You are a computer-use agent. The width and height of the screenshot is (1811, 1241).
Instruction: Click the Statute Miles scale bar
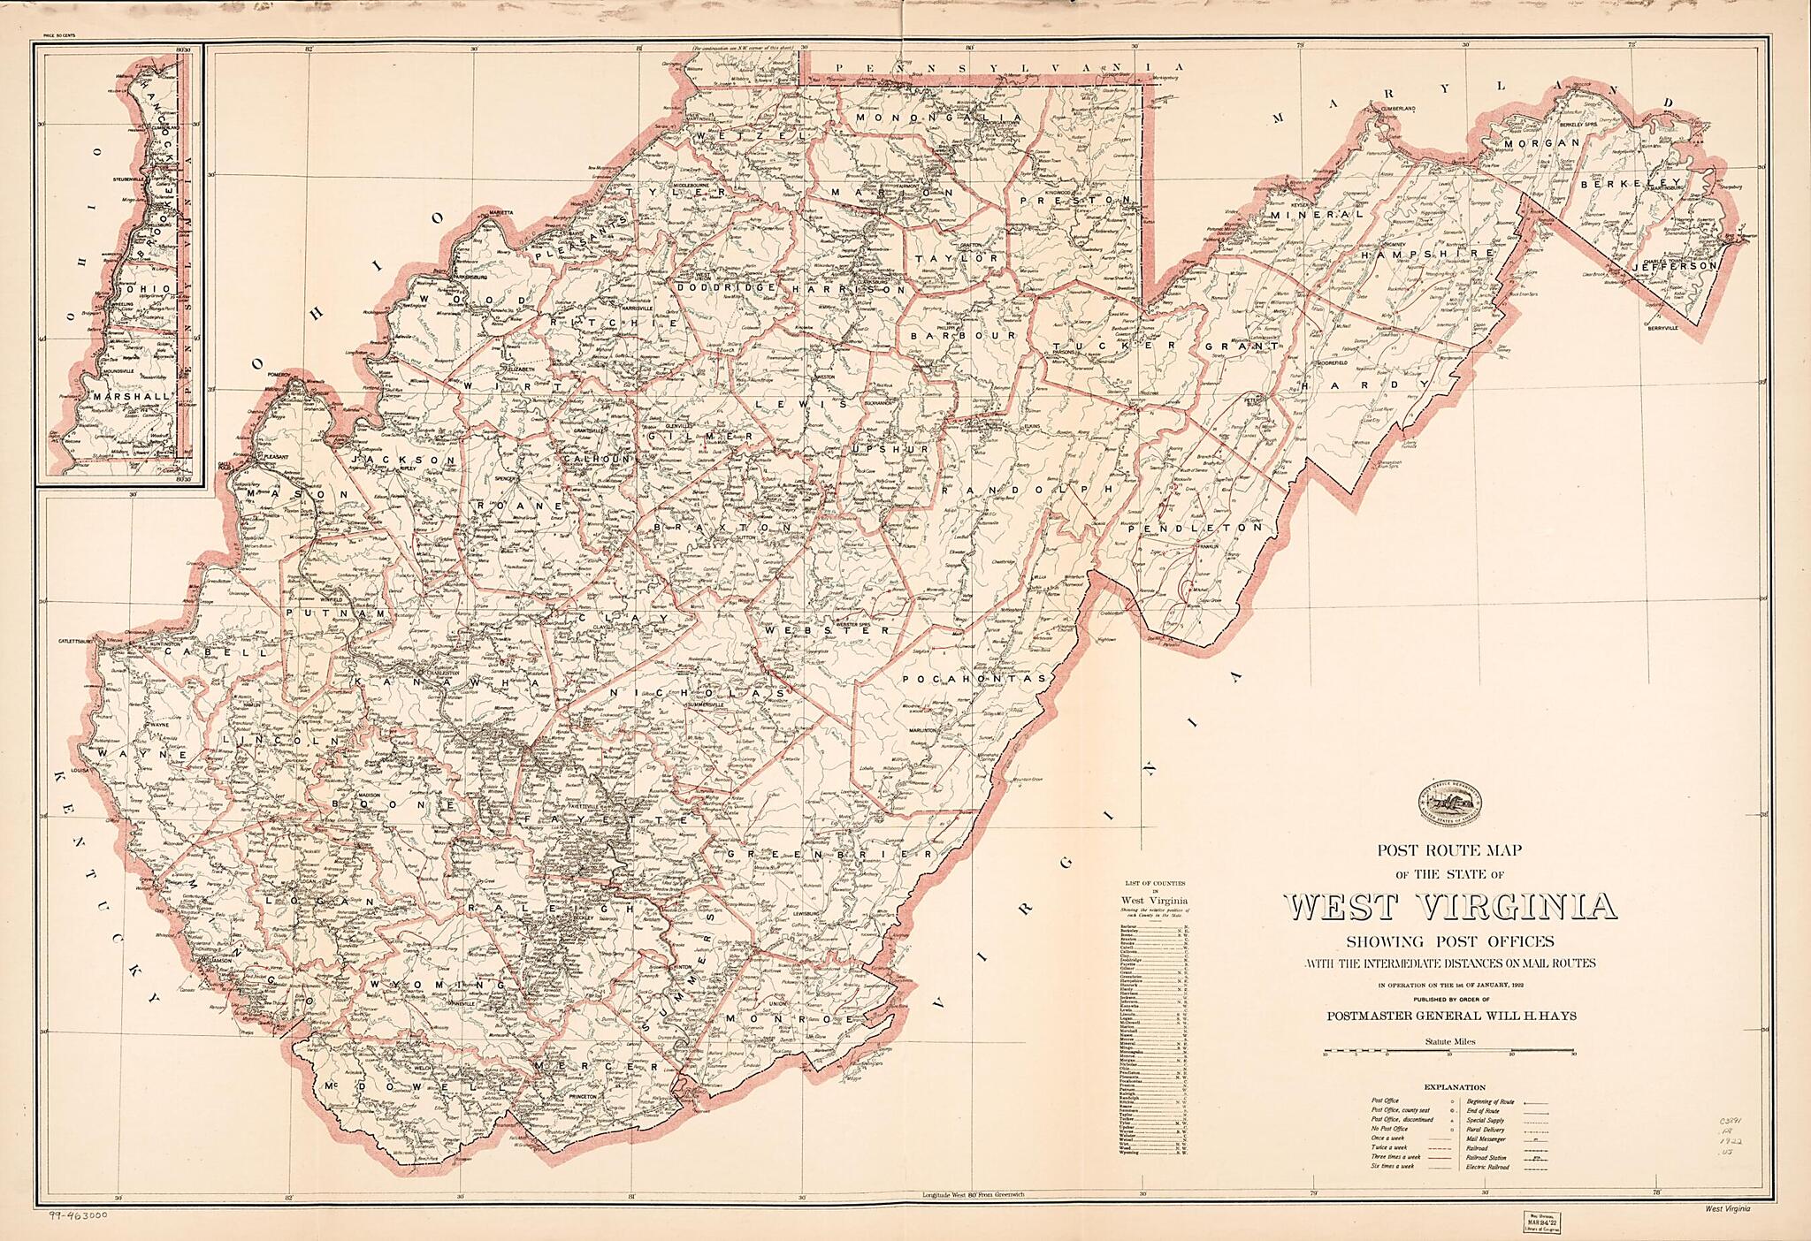1450,1054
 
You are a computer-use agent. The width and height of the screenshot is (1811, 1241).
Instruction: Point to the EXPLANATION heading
1455,1087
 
